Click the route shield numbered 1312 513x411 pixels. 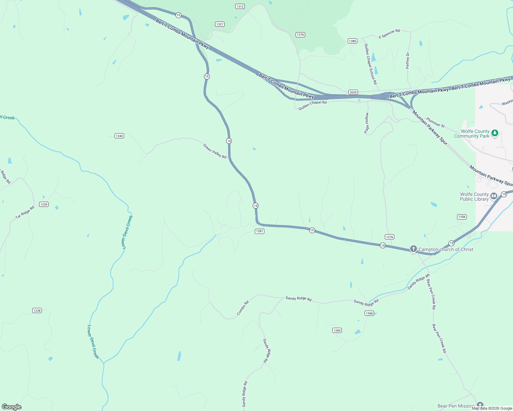(x=240, y=7)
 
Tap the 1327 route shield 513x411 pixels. (x=220, y=24)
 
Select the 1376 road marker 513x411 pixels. (x=300, y=35)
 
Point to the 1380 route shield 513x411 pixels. (x=353, y=41)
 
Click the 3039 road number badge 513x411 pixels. (x=353, y=92)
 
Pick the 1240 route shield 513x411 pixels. (x=119, y=136)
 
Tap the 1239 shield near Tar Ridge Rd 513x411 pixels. (x=44, y=204)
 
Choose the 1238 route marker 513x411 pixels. (x=37, y=311)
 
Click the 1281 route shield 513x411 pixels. (x=260, y=231)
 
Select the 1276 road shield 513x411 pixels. (x=390, y=237)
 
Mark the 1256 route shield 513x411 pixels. (x=462, y=217)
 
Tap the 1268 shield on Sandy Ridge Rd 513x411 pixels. (x=369, y=313)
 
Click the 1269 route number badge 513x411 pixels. (x=337, y=331)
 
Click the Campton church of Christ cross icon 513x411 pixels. (x=414, y=249)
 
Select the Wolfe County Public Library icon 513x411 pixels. (x=494, y=196)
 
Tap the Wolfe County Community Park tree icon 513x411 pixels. (x=494, y=133)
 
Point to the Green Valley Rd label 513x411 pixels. (x=215, y=151)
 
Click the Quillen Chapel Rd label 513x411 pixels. (x=312, y=105)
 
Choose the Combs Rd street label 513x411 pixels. (x=243, y=308)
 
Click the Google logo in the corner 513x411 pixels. (x=11, y=407)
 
